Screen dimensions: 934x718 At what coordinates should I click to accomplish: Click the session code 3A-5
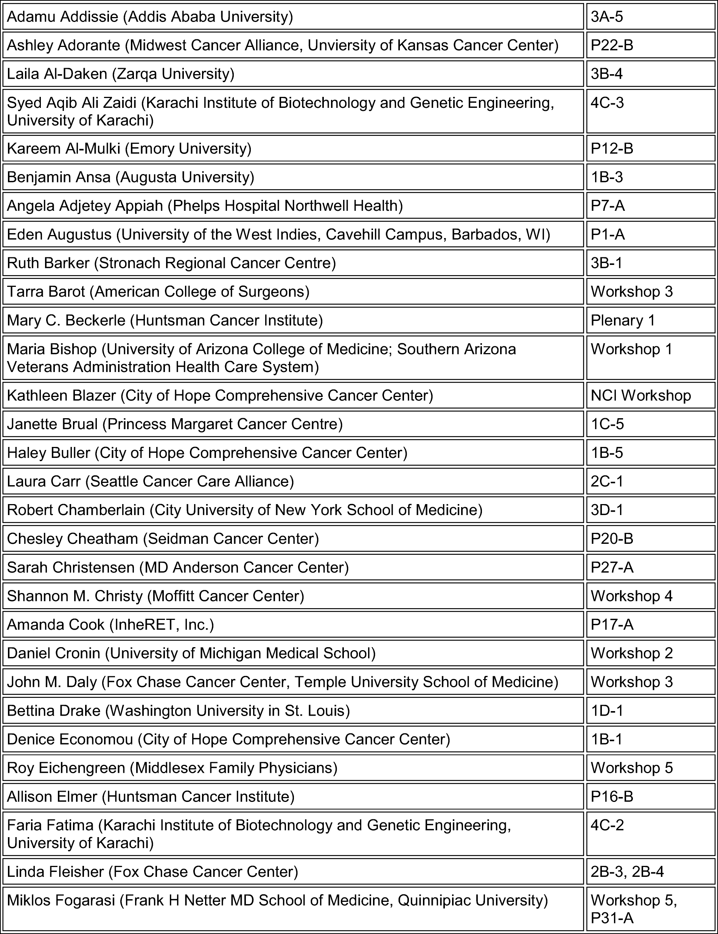pyautogui.click(x=606, y=17)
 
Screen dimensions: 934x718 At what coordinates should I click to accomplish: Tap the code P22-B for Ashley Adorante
pyautogui.click(x=612, y=45)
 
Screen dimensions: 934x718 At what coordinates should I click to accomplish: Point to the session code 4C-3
pyautogui.click(x=607, y=103)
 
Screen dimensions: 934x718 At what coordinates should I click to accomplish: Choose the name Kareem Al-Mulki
pyautogui.click(x=64, y=149)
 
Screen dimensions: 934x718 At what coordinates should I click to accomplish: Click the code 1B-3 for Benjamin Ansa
pyautogui.click(x=606, y=177)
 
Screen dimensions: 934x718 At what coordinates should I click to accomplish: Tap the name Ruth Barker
pyautogui.click(x=48, y=263)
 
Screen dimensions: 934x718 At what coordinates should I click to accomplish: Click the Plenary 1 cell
pyautogui.click(x=623, y=321)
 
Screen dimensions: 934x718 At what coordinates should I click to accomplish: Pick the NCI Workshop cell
pyautogui.click(x=640, y=395)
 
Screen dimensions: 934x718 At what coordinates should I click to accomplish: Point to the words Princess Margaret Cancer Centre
pyautogui.click(x=225, y=424)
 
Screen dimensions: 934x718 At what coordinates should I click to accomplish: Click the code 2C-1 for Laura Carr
pyautogui.click(x=606, y=481)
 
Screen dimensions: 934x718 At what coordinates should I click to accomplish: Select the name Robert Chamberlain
pyautogui.click(x=76, y=510)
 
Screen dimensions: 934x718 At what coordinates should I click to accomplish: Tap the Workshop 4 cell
pyautogui.click(x=631, y=596)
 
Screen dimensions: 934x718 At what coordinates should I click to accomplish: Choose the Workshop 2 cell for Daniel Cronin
pyautogui.click(x=631, y=653)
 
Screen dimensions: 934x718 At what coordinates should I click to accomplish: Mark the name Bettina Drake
pyautogui.click(x=53, y=710)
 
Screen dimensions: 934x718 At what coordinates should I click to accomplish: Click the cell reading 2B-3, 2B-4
pyautogui.click(x=627, y=872)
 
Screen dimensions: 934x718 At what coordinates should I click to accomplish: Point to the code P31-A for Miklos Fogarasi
pyautogui.click(x=612, y=918)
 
